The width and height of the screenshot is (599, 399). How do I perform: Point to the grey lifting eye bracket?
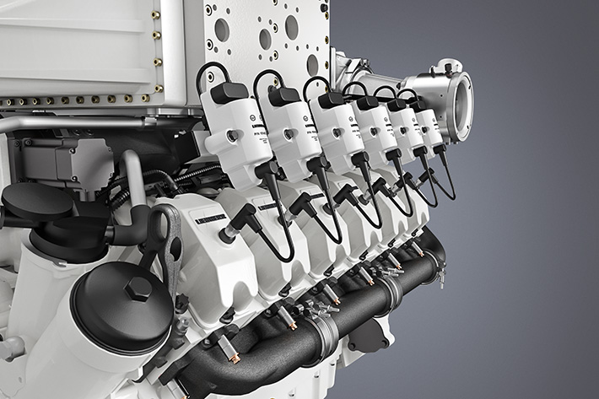tap(168, 244)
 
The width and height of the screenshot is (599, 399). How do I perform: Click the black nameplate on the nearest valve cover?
tap(210, 218)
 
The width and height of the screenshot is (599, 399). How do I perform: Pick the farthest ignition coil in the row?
tap(429, 127)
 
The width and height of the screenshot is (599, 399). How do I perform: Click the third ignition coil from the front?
tap(336, 132)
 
